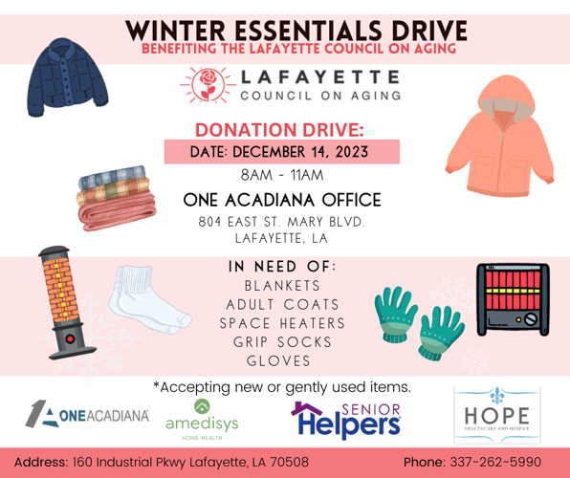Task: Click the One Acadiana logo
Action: coord(87,415)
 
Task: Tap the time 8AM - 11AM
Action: coord(283,176)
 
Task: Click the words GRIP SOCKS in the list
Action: coord(290,341)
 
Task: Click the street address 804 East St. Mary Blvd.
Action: coord(282,222)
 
